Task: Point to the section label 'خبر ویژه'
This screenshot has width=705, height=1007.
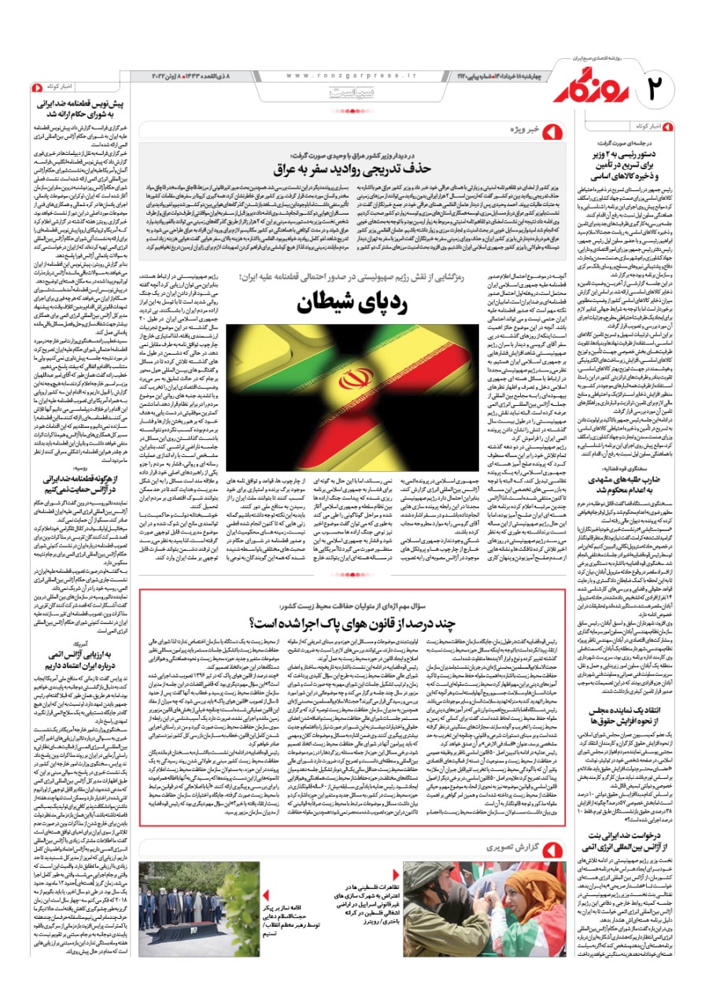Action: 524,128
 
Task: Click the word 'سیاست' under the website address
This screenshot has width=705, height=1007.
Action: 347,92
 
